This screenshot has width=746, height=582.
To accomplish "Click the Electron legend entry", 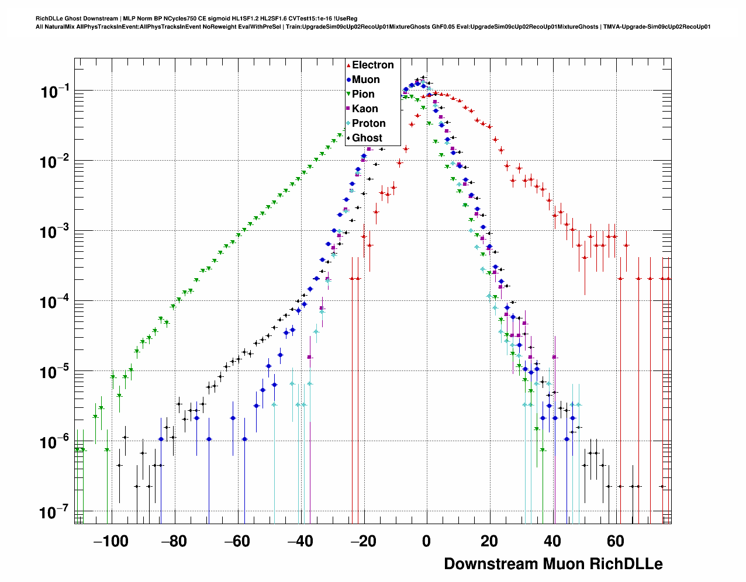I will tap(372, 65).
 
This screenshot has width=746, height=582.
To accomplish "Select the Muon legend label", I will tap(365, 79).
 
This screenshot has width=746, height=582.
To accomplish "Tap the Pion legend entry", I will tap(363, 94).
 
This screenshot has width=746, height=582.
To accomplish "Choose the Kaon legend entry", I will tap(365, 109).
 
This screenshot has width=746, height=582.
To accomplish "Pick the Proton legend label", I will tap(368, 123).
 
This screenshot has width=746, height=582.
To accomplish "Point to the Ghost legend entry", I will tap(367, 138).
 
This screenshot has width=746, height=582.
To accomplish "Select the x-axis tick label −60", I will tap(237, 541).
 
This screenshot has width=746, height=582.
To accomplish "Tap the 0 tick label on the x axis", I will tap(426, 541).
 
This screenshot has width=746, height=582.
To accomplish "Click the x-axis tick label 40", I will tap(552, 541).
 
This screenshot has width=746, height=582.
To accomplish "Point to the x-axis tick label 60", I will tap(616, 541).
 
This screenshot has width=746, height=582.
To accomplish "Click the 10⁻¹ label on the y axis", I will tap(54, 92).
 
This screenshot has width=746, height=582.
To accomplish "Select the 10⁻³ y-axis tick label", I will tap(54, 232).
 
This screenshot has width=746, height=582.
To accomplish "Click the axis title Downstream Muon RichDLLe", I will tap(553, 564).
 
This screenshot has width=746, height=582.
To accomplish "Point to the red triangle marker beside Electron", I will tap(348, 65).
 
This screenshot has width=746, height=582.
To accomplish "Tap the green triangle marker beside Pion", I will tap(348, 94).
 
